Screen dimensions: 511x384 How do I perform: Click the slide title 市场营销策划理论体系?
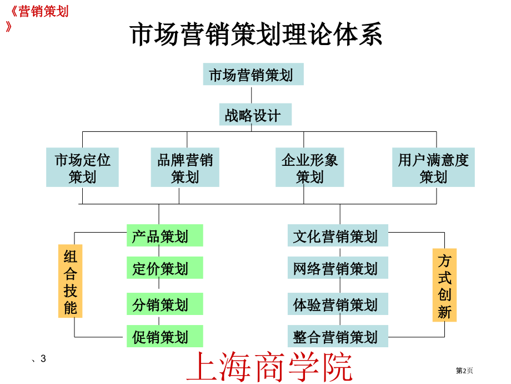click(256, 34)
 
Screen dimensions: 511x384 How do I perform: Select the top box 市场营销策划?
click(253, 74)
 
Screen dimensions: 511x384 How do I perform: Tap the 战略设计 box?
click(255, 114)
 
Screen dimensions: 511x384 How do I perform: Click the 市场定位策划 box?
click(82, 167)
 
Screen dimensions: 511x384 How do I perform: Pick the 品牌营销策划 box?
click(185, 167)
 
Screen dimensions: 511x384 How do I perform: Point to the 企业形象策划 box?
click(309, 167)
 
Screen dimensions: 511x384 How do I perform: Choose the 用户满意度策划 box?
click(433, 167)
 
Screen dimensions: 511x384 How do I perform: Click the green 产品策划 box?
click(165, 235)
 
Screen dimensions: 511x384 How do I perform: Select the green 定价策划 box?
click(165, 268)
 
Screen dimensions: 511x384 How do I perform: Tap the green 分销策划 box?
click(165, 304)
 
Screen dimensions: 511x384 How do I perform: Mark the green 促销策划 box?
click(165, 336)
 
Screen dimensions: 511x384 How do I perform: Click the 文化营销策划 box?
click(338, 235)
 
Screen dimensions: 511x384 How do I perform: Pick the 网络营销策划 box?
click(338, 268)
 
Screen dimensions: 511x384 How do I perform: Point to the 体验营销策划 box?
click(338, 304)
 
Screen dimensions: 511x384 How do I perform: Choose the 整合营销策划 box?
click(338, 336)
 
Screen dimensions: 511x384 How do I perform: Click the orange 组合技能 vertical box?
click(71, 281)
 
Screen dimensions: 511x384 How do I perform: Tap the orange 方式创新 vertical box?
click(444, 285)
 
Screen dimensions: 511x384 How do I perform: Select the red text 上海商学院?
click(269, 366)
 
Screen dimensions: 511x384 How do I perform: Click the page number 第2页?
click(464, 371)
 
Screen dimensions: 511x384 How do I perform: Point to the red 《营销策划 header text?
click(39, 12)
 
